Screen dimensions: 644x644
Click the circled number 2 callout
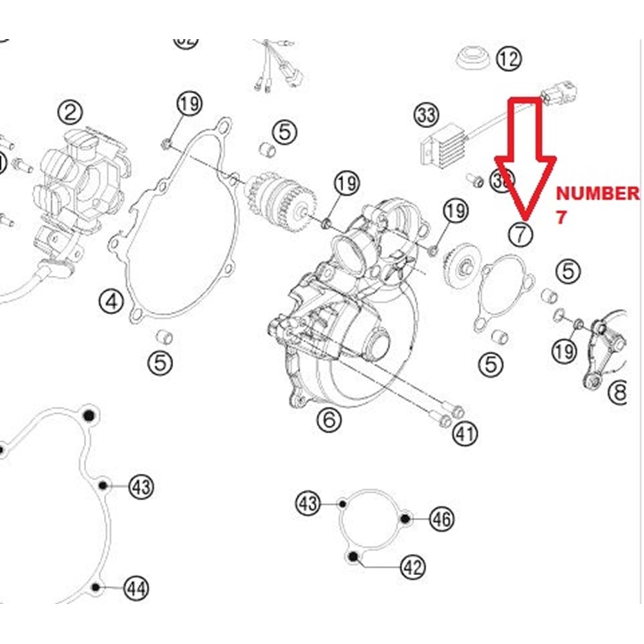[70, 113]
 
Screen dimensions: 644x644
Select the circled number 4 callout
[111, 301]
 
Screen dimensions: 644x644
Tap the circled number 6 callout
[328, 421]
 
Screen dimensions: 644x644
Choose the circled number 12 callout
[508, 59]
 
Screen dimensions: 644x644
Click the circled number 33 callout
[426, 116]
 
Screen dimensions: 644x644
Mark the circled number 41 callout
[465, 433]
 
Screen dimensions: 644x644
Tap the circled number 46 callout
[442, 518]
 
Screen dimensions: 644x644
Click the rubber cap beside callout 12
[471, 58]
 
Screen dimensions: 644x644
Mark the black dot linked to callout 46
[404, 518]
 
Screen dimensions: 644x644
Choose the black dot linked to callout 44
[96, 587]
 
